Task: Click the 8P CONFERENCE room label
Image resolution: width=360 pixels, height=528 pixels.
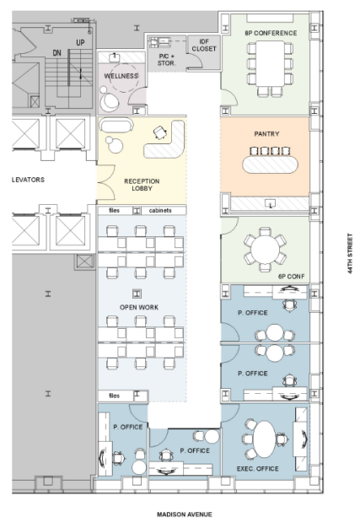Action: (271, 33)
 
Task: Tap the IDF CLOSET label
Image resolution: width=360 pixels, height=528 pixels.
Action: (204, 45)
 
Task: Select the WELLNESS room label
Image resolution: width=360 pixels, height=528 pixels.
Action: (121, 76)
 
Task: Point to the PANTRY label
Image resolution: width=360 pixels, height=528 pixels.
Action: (266, 133)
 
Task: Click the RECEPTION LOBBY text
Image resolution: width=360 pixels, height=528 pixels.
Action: (142, 185)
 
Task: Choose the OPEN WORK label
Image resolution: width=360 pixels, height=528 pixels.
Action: (139, 307)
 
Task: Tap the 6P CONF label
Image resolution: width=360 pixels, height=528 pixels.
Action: (292, 277)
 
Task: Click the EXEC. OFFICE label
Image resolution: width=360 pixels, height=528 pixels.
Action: (258, 468)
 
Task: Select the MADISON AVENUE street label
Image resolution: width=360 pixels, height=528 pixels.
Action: (185, 515)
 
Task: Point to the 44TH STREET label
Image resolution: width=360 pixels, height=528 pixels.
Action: (350, 253)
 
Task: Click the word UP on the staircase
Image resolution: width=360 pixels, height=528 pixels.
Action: (80, 43)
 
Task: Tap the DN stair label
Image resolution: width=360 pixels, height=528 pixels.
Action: (56, 53)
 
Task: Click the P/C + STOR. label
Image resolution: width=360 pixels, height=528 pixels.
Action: (167, 60)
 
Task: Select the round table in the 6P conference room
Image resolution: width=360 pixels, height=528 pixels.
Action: (265, 250)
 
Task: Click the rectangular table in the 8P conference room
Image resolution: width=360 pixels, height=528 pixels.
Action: (270, 63)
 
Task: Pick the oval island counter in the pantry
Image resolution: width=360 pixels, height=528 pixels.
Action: (270, 164)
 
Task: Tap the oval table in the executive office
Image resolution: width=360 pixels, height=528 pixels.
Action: (265, 439)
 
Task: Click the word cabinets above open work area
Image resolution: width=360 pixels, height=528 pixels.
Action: (160, 210)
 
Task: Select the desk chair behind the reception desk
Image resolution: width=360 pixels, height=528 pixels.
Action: (160, 132)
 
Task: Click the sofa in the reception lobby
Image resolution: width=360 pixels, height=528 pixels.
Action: (116, 125)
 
